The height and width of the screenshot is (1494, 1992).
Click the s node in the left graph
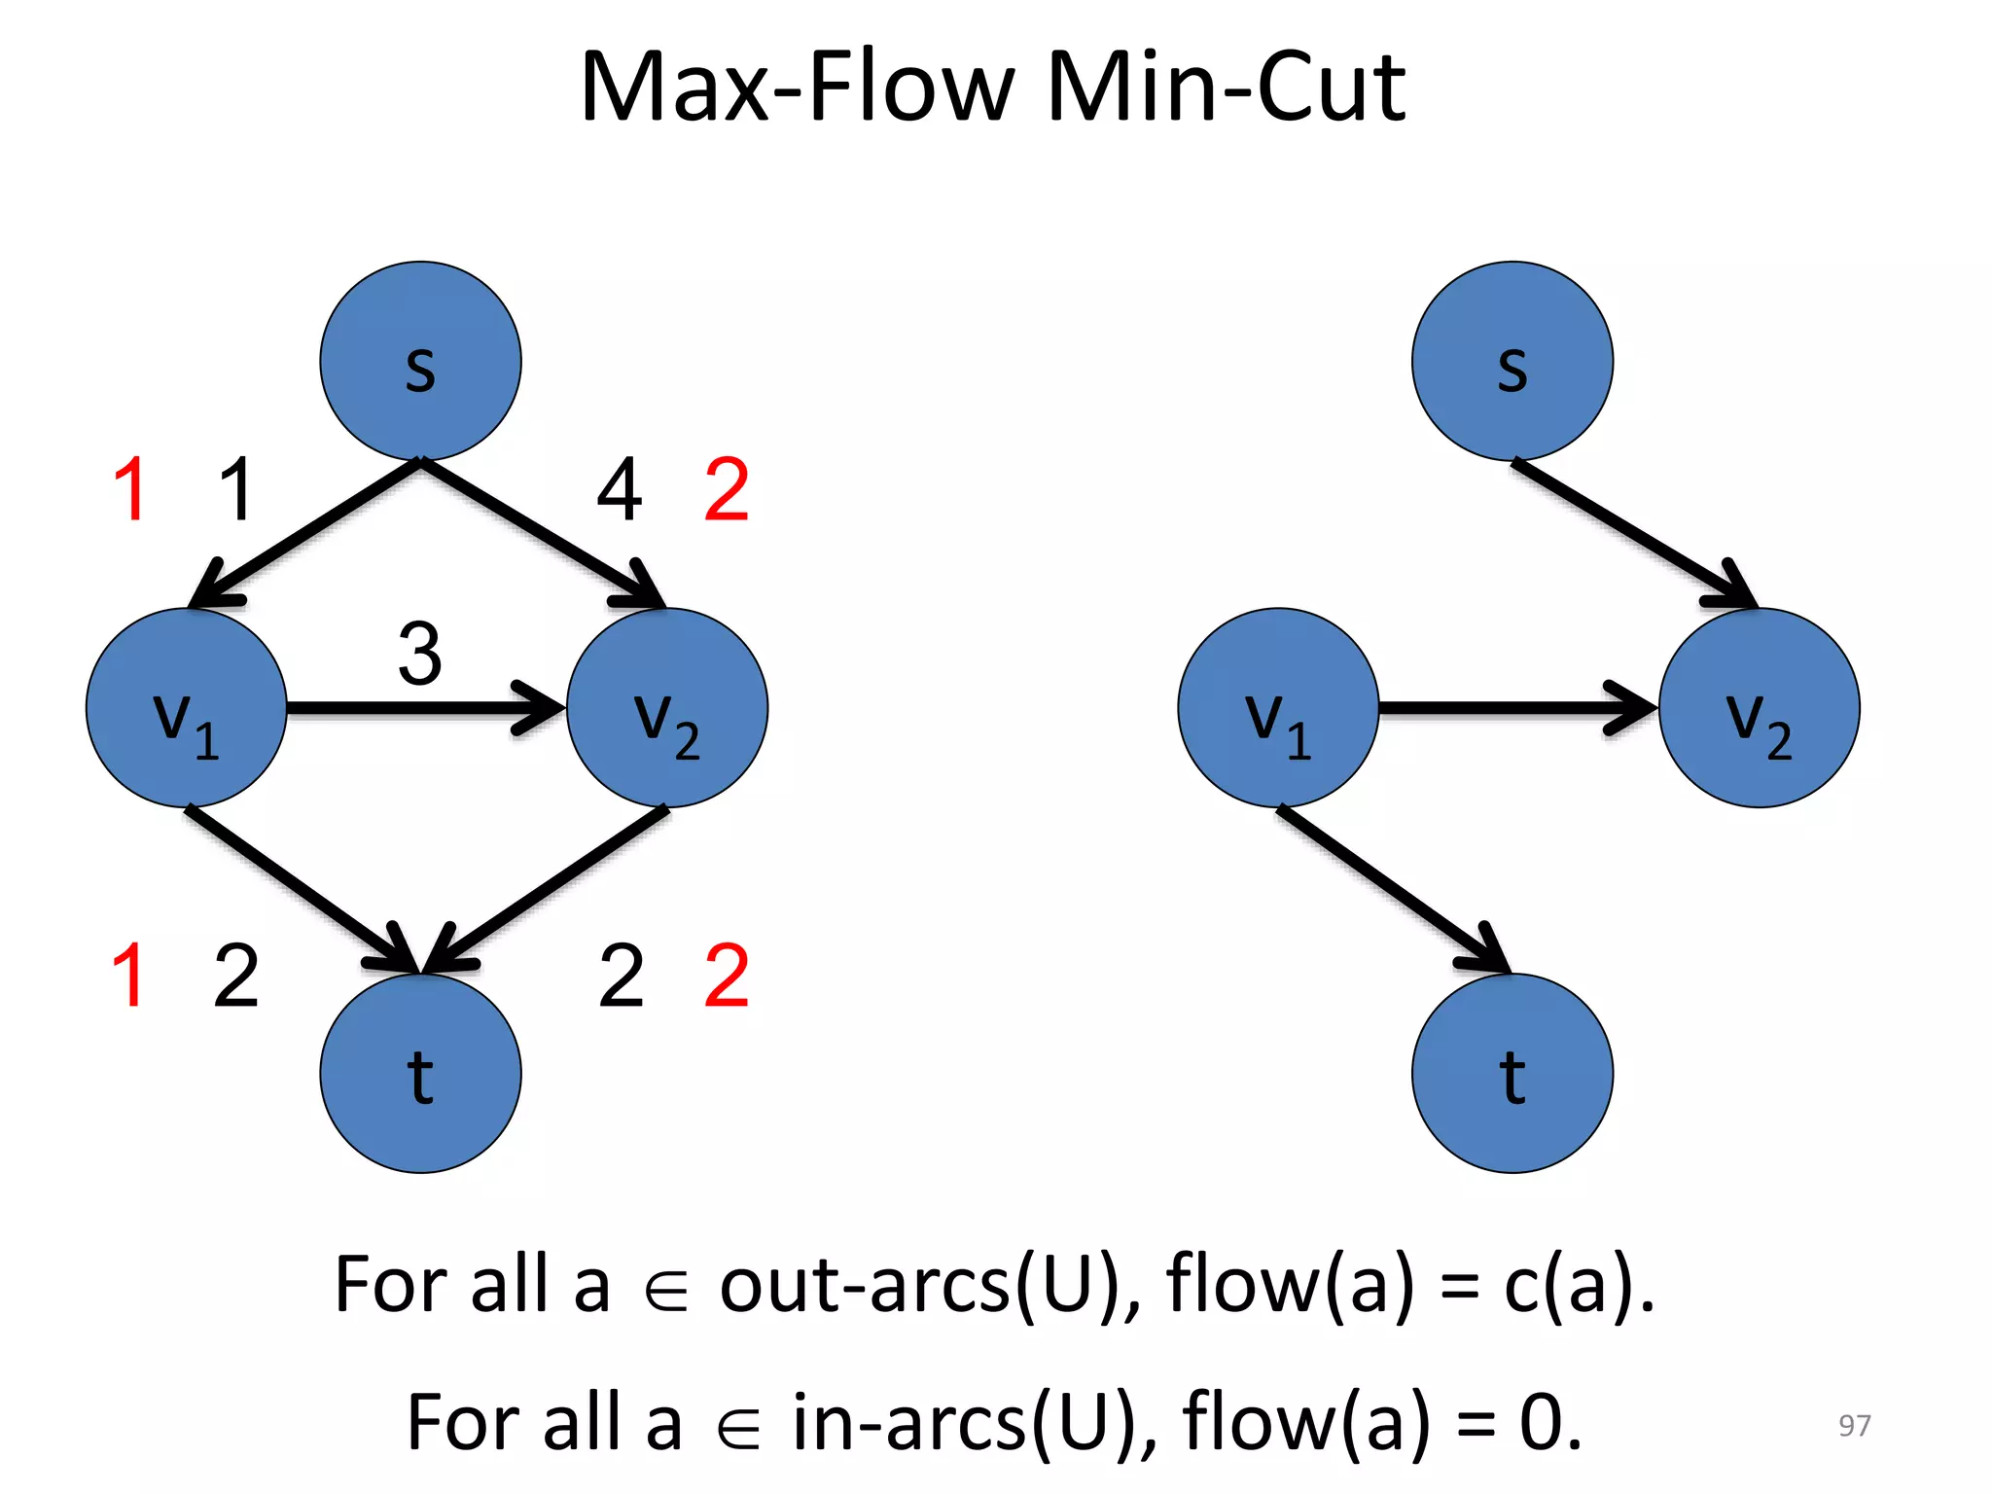tap(420, 361)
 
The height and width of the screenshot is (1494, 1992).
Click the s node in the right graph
tap(1512, 361)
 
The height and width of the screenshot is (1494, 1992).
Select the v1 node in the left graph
tap(186, 708)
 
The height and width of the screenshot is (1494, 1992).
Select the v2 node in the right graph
tap(1759, 708)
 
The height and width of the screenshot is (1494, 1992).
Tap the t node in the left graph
tap(420, 1073)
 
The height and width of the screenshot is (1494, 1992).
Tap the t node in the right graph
tap(1512, 1073)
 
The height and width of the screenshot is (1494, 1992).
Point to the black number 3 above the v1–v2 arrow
tap(420, 654)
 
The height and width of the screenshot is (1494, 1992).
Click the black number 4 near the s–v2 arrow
tap(620, 490)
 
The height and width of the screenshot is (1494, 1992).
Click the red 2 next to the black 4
tap(727, 490)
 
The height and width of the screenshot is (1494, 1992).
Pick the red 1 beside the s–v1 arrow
tap(130, 490)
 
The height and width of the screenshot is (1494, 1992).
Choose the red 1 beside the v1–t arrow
tap(128, 976)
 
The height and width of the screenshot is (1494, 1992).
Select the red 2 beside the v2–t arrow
tap(727, 976)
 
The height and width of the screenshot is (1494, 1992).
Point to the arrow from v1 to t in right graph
tap(1391, 887)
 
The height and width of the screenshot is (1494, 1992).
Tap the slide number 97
tap(1854, 1425)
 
